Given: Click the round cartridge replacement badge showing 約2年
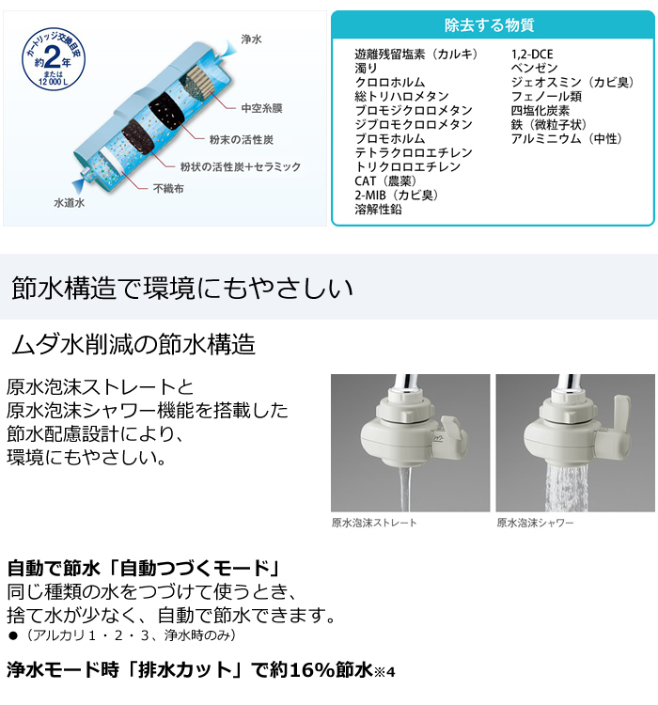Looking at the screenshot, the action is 54,59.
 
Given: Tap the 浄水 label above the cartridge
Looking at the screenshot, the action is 251,39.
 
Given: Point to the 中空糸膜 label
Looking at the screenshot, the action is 261,108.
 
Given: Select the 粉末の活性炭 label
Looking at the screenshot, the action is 242,140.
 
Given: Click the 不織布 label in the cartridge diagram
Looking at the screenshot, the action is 168,188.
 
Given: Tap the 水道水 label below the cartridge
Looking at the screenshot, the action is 70,203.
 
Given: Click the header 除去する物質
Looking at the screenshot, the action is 490,25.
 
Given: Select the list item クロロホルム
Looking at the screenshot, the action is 390,83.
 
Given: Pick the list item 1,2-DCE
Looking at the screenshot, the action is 532,55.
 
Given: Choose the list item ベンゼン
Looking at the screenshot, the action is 534,69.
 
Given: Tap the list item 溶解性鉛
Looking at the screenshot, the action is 378,209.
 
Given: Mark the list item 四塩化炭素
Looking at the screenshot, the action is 540,111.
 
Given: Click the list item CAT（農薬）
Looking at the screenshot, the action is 387,180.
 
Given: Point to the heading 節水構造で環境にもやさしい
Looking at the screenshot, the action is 181,288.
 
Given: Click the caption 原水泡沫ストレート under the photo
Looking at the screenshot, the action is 374,523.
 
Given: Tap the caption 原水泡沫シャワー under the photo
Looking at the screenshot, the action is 535,523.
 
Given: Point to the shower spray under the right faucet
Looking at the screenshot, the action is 567,488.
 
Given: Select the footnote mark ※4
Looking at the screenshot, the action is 384,672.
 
